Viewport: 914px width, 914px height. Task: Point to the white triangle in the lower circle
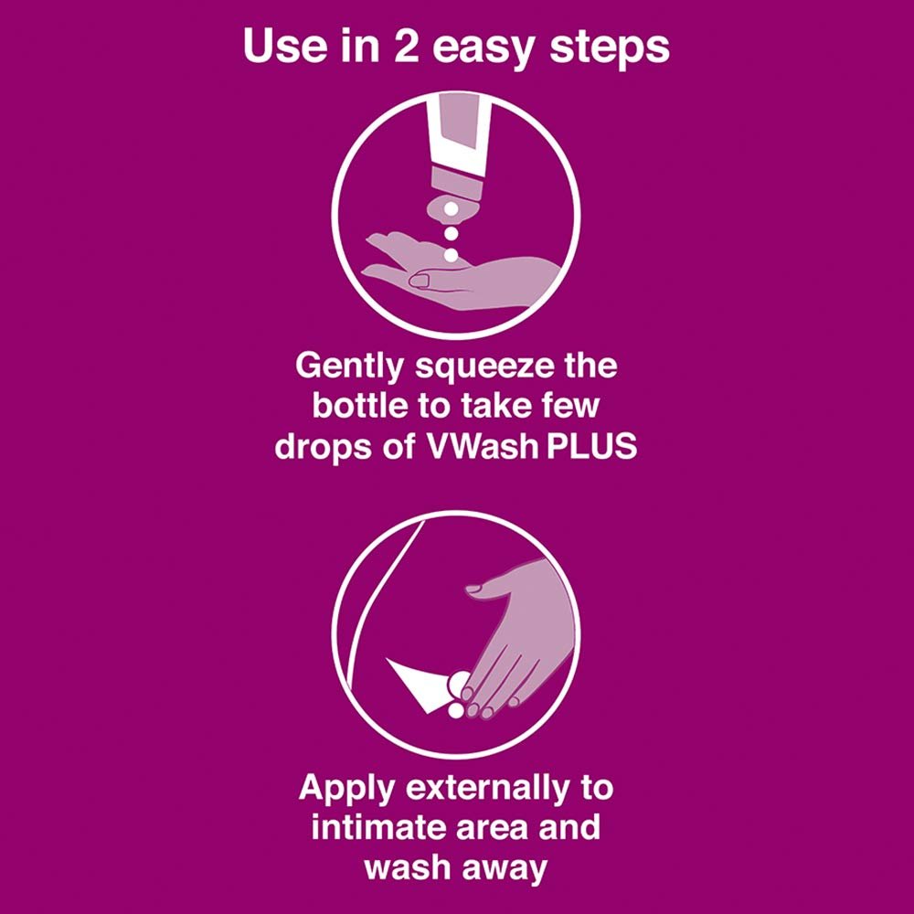416,681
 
